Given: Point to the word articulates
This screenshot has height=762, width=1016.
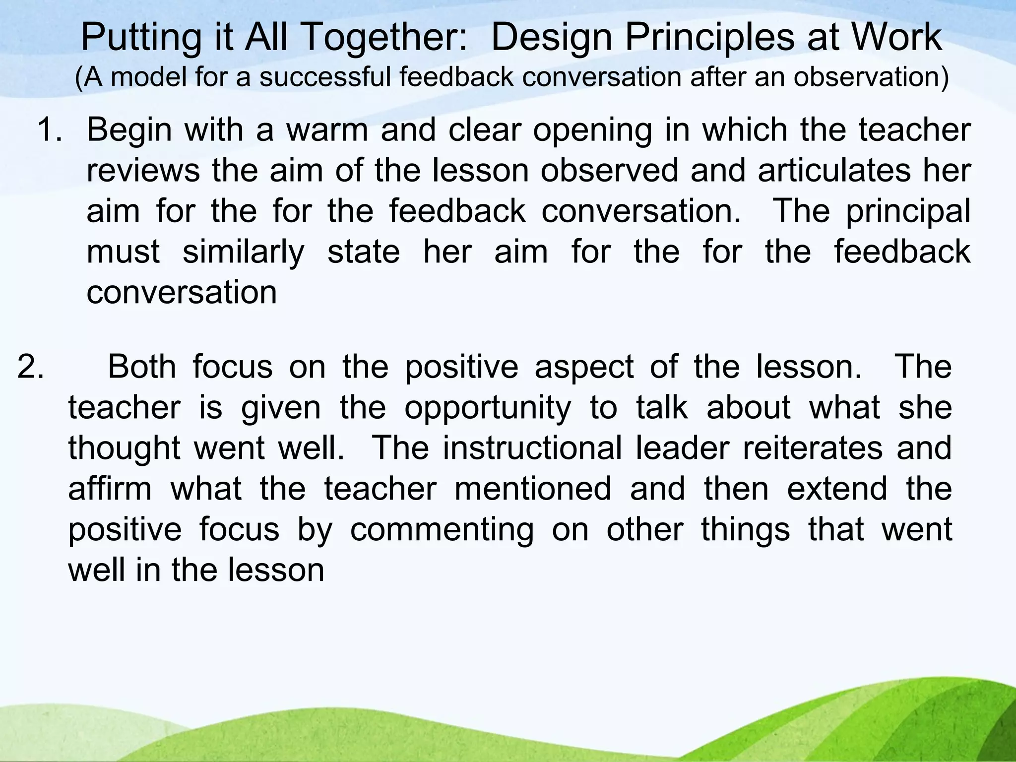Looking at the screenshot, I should (x=833, y=171).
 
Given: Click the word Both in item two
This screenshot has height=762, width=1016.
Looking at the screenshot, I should (x=141, y=367).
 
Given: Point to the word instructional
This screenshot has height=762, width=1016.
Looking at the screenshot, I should (x=532, y=448).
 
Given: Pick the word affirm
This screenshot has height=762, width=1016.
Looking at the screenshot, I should (x=110, y=489).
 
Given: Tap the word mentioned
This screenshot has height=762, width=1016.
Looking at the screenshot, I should (x=533, y=489).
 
